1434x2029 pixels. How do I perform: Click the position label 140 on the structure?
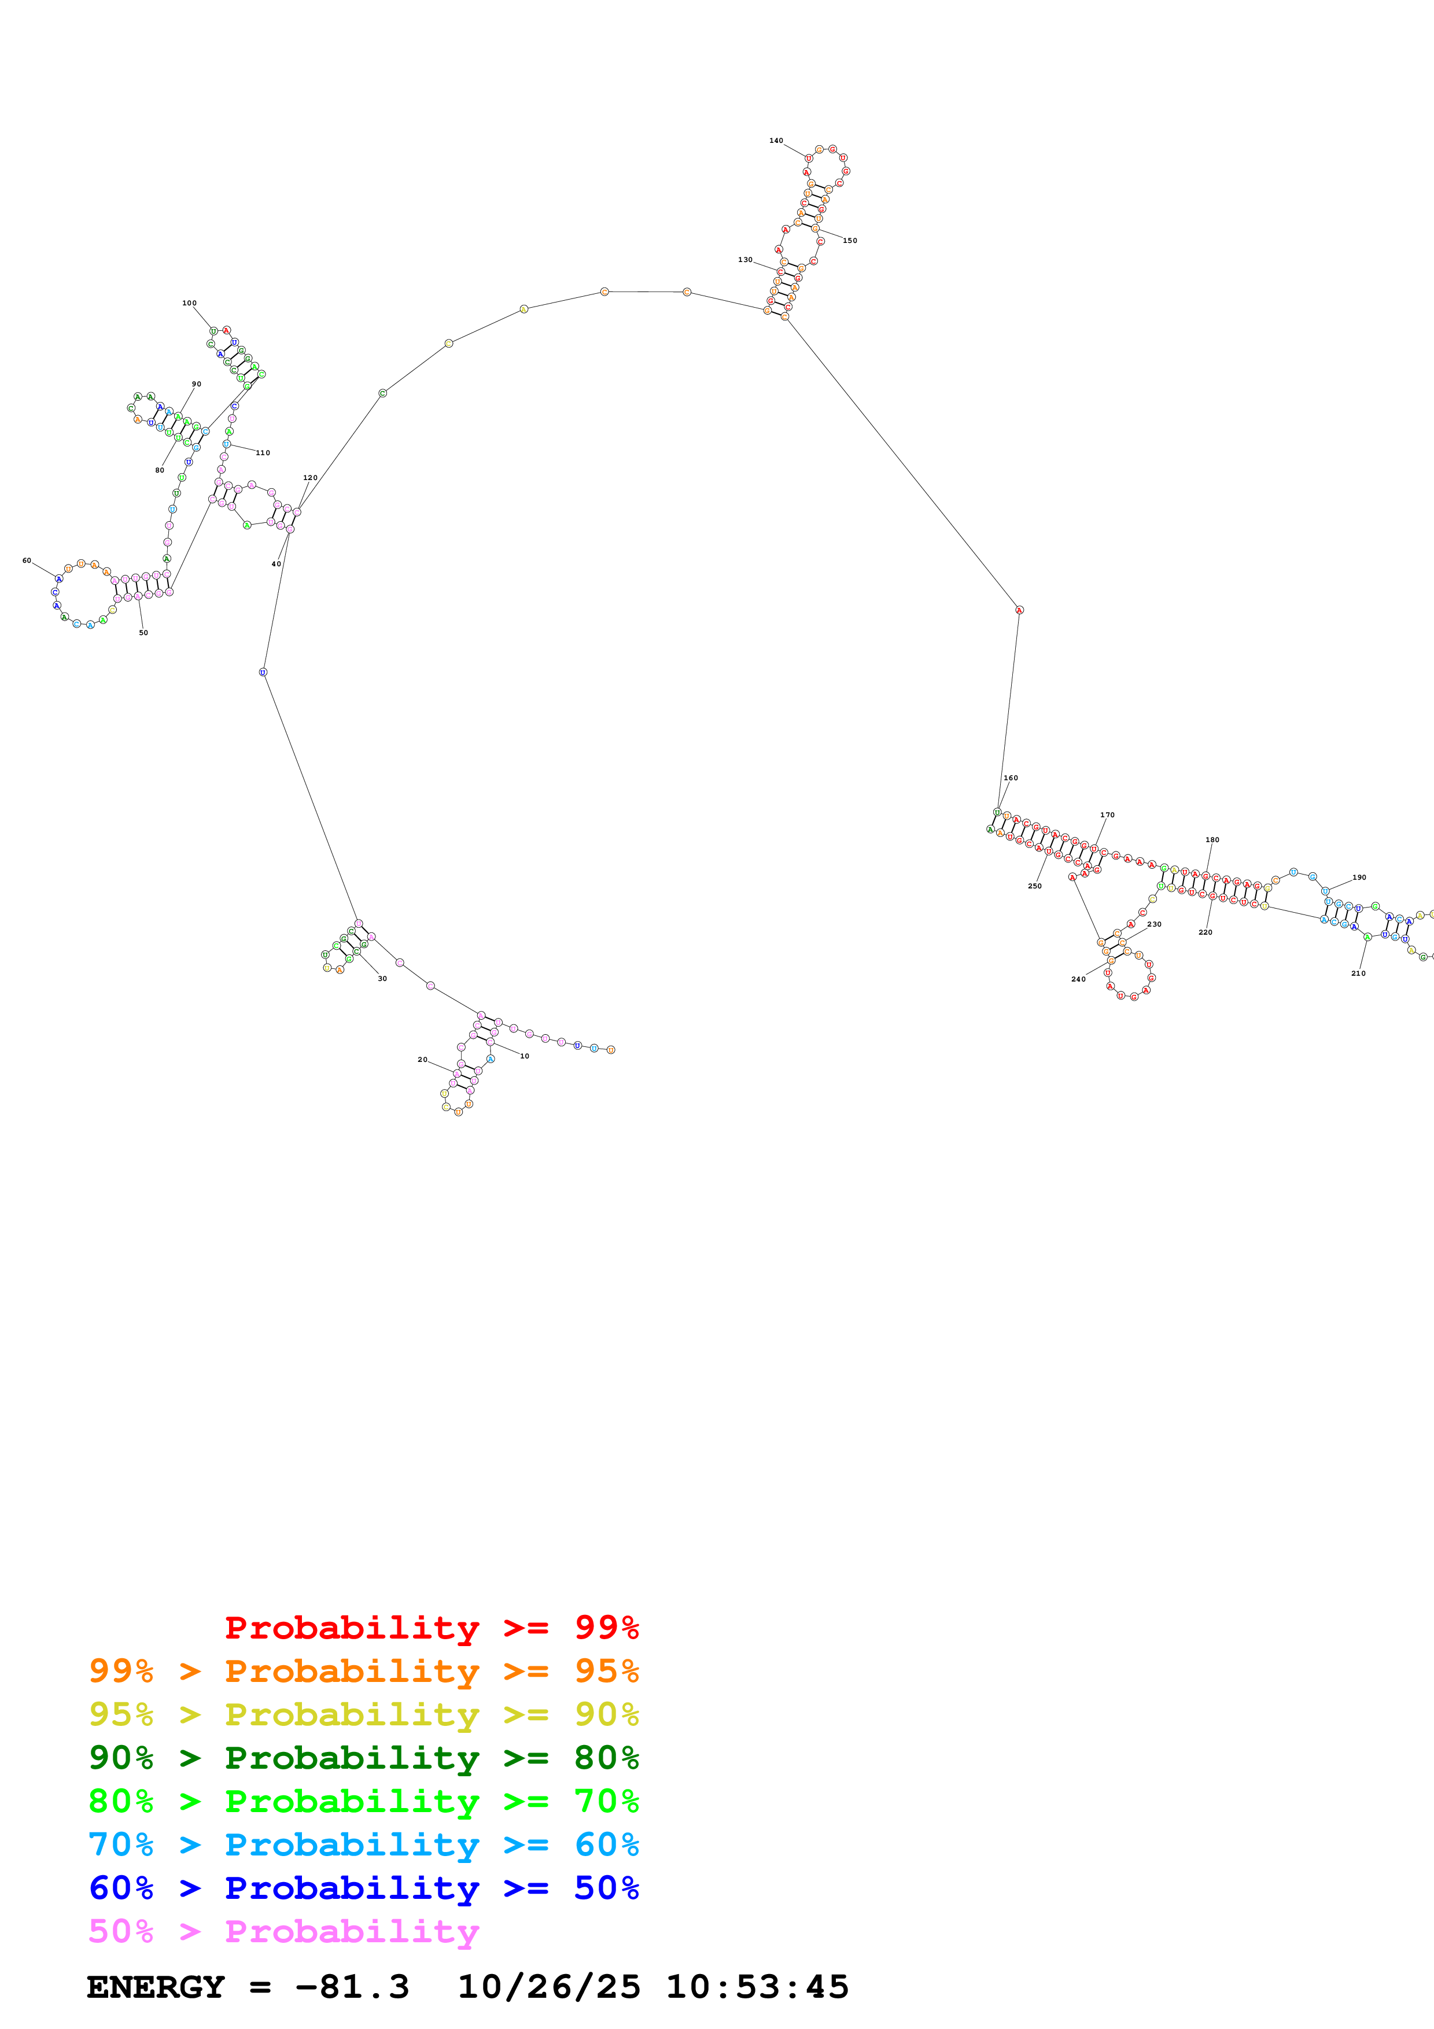point(776,141)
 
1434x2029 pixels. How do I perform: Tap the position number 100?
point(189,303)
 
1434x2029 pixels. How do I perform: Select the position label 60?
point(27,560)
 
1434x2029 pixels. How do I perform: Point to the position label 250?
point(1035,886)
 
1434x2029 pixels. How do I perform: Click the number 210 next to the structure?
point(1358,973)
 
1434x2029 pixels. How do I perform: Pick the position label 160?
point(1011,778)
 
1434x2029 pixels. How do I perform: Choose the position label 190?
point(1359,877)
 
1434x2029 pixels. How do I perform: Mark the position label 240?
point(1078,979)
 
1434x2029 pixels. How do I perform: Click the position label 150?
point(850,241)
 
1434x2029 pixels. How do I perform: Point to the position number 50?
point(143,633)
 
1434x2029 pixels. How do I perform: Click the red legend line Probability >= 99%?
point(431,1627)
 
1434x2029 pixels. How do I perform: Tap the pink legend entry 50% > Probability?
point(283,1931)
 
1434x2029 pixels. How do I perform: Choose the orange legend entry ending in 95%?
point(363,1671)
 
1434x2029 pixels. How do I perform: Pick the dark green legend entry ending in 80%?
point(363,1758)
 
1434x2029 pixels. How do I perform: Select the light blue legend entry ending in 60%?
point(363,1844)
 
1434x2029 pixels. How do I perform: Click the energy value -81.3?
point(352,1987)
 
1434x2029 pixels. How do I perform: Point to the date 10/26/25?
point(548,1987)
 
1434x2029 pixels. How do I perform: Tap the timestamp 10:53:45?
point(756,1987)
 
